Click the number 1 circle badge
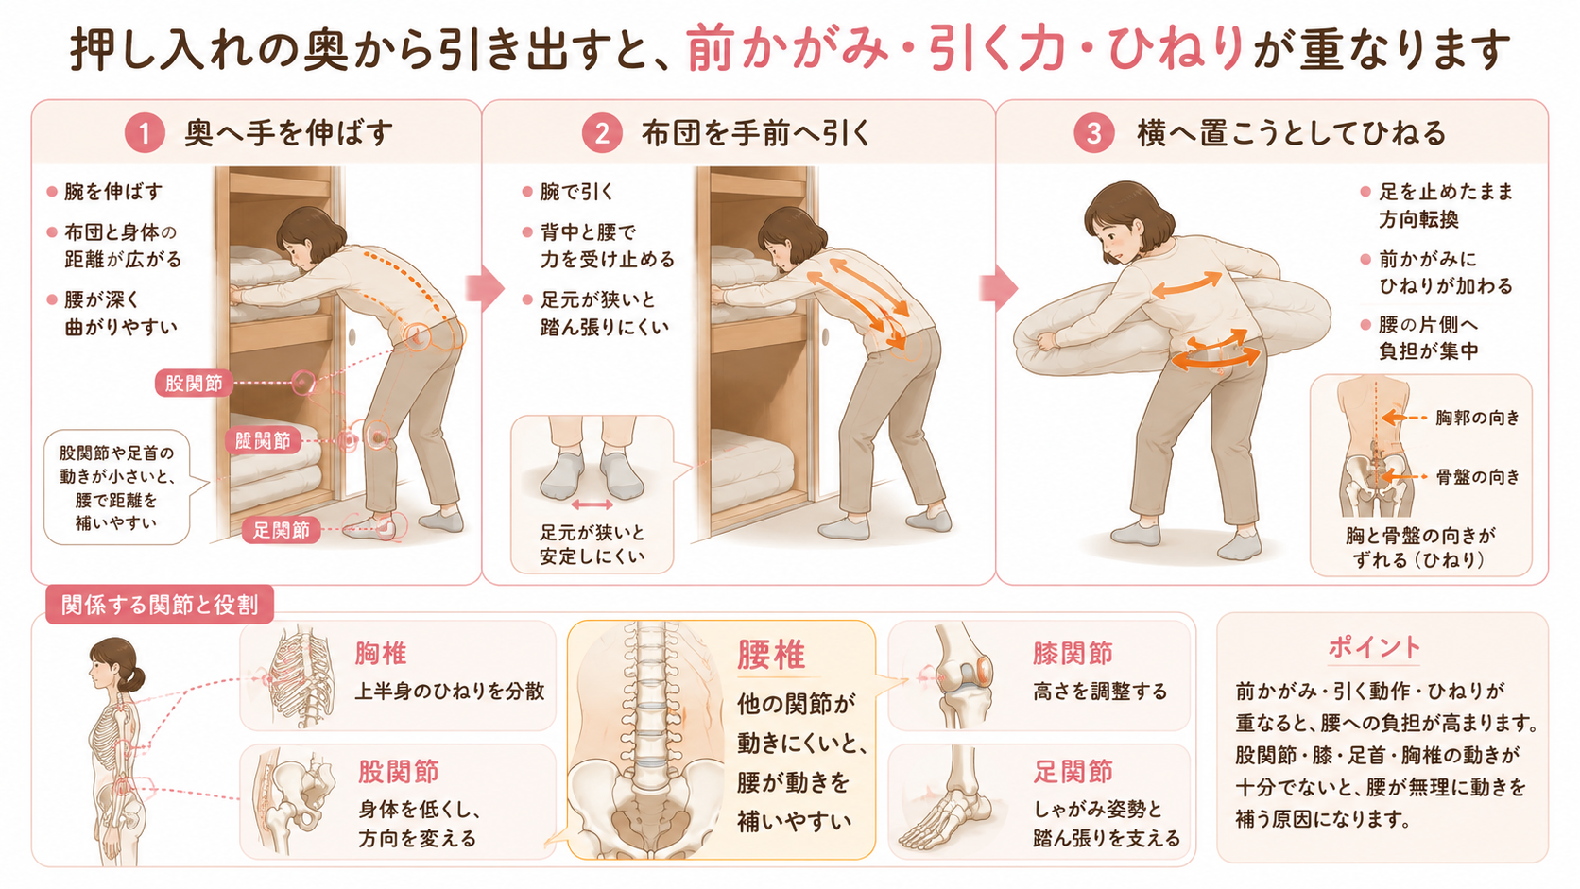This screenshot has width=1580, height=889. tap(145, 132)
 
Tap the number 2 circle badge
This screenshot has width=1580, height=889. tap(602, 132)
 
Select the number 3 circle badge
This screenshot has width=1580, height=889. tap(1093, 132)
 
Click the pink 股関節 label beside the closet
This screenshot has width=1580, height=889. tap(194, 384)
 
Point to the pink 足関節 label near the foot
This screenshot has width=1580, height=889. tap(281, 530)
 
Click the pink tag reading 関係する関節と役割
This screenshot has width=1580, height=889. tap(160, 605)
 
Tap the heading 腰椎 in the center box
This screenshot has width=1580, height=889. tap(771, 655)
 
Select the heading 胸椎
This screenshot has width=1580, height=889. tap(381, 655)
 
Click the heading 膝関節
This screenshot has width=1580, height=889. tap(1073, 654)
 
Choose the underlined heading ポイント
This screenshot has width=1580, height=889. tap(1374, 647)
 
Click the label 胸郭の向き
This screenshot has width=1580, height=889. tap(1478, 419)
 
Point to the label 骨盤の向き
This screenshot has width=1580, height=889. tap(1478, 477)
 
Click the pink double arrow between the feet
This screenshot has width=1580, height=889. tap(592, 504)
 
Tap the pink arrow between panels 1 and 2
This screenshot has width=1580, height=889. tap(486, 287)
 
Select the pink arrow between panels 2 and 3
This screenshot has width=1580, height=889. tap(999, 287)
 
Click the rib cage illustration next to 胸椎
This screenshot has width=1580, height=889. tap(301, 676)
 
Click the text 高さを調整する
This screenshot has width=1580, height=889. tap(1100, 692)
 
